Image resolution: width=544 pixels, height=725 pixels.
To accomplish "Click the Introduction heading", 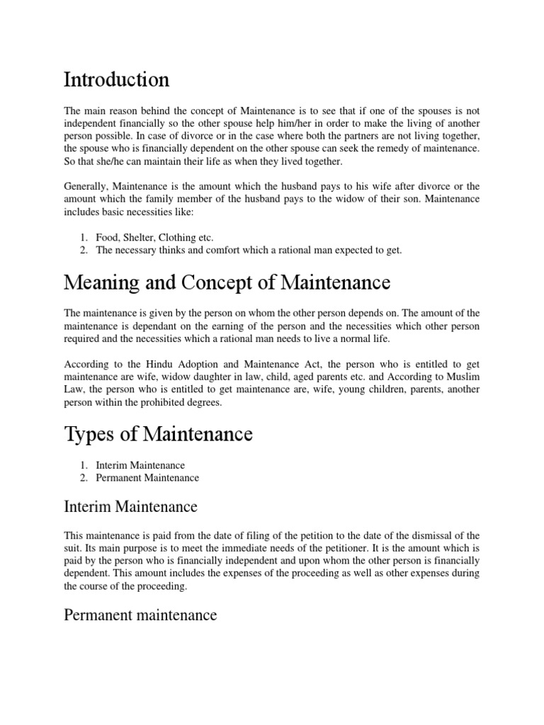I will (x=116, y=79).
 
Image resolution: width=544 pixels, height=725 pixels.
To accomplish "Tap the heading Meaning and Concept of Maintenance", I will (x=227, y=282).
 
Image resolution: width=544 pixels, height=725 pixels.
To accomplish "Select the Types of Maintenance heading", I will (x=158, y=433).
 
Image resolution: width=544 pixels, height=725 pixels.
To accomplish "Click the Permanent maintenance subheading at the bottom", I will (x=140, y=615).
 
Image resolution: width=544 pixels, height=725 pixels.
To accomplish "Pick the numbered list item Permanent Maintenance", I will (x=147, y=477).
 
